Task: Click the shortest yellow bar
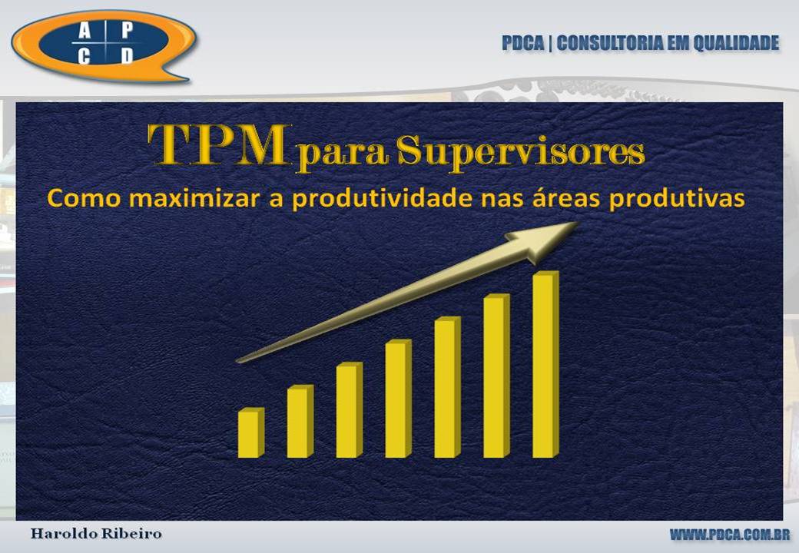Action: (x=251, y=432)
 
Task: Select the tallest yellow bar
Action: (x=545, y=364)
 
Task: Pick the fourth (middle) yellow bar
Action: (x=399, y=398)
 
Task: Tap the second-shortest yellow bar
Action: (x=300, y=421)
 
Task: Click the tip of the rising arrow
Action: (x=579, y=223)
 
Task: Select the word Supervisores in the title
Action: (x=521, y=152)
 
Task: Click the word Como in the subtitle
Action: (x=84, y=198)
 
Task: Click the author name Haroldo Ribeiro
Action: (x=96, y=534)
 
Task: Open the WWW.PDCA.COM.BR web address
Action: (x=730, y=535)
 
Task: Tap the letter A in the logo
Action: (x=85, y=31)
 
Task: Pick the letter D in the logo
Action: (x=127, y=56)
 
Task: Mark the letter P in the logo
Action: (x=127, y=31)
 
